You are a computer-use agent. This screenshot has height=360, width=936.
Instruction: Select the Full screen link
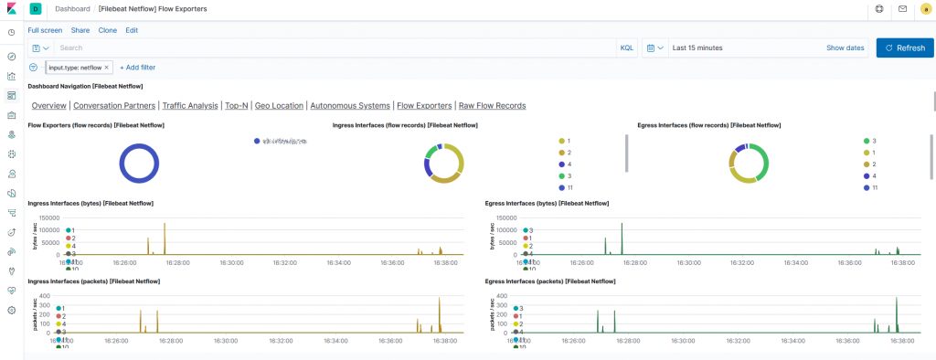(x=45, y=30)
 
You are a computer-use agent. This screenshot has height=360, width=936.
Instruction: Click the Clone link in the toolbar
(x=107, y=30)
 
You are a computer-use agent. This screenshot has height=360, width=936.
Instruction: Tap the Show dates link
(x=845, y=48)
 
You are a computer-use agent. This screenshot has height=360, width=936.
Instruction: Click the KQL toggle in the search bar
(x=627, y=48)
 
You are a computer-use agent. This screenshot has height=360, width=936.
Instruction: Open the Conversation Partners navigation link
(x=113, y=105)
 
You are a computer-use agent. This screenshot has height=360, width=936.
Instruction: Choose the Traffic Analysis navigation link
(x=190, y=105)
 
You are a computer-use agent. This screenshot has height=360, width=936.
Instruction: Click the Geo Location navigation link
(x=279, y=105)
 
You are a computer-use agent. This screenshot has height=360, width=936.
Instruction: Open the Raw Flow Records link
(x=492, y=105)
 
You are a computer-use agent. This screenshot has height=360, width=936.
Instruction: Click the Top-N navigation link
(x=237, y=105)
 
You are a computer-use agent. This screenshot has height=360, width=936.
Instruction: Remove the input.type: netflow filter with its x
(x=106, y=68)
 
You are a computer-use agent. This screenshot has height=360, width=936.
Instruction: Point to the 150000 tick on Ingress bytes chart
(x=50, y=218)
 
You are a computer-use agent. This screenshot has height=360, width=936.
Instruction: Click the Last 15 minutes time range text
(x=697, y=48)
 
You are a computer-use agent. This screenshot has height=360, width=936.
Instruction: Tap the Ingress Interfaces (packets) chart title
(x=94, y=281)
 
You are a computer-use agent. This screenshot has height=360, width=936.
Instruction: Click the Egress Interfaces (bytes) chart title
(x=547, y=203)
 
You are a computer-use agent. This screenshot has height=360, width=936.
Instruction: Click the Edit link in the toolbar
(x=132, y=30)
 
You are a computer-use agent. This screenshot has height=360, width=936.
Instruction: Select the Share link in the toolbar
(x=80, y=30)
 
